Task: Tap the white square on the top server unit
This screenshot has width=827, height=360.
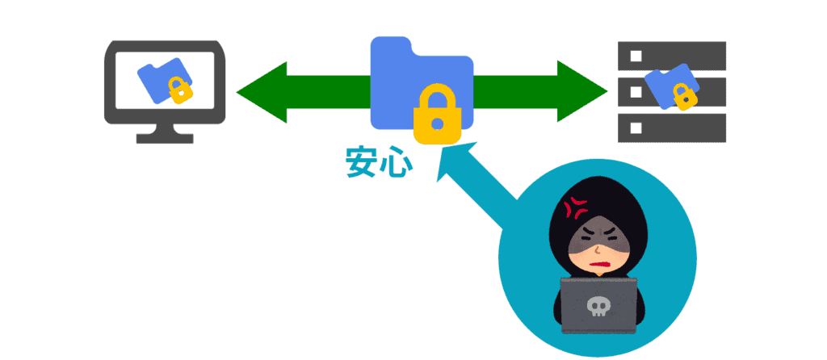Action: click(636, 56)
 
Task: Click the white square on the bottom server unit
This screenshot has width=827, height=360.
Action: click(636, 127)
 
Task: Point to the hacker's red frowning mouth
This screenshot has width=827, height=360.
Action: click(598, 263)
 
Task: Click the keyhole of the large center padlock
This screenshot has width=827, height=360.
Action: click(438, 123)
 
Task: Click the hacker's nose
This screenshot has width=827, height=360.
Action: click(595, 249)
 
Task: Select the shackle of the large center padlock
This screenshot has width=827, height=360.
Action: click(438, 93)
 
